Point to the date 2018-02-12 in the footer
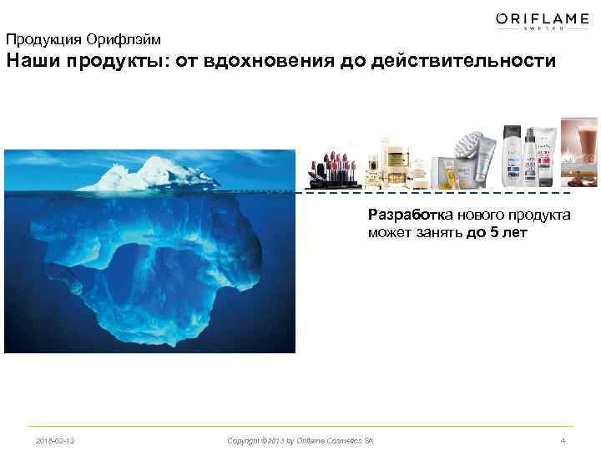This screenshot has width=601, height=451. tap(55, 439)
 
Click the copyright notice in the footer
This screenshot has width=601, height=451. tap(300, 439)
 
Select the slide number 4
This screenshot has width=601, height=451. tap(564, 439)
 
